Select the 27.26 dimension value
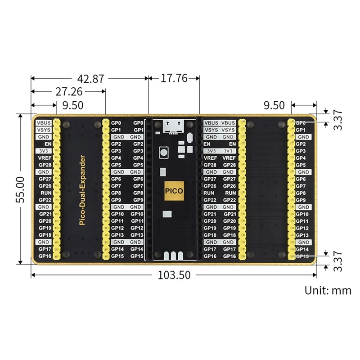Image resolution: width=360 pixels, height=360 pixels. (68, 92)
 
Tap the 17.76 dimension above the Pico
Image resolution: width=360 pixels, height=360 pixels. (174, 78)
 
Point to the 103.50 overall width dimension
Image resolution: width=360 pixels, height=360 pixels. (174, 274)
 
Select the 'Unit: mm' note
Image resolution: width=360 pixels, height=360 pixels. (328, 290)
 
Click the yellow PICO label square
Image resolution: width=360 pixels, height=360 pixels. (174, 190)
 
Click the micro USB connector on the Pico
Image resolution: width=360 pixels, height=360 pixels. (174, 127)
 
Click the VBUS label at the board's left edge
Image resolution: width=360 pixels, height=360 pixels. (44, 122)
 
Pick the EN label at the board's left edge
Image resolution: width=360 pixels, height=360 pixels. (47, 144)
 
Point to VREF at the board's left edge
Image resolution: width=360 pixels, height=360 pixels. (45, 157)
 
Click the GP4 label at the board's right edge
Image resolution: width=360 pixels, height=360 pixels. (301, 157)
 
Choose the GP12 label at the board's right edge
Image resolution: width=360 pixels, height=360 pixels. (302, 228)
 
